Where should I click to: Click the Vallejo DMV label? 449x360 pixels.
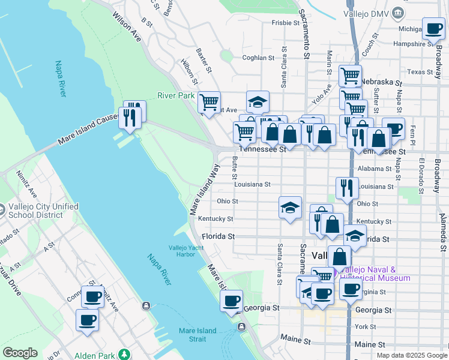point(366,13)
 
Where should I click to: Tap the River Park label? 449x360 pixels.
point(176,95)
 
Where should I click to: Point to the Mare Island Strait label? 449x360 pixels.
point(200,335)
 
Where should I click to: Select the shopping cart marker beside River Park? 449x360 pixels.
point(209,102)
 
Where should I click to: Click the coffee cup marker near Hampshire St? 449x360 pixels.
point(433,28)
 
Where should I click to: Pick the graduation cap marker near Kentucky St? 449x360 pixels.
point(290,208)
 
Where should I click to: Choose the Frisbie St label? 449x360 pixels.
point(285,23)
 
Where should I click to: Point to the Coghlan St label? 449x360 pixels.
point(258,58)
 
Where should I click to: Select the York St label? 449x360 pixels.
point(365,327)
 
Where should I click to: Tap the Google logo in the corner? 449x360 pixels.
point(20,353)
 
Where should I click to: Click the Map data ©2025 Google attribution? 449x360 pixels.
point(411,355)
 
